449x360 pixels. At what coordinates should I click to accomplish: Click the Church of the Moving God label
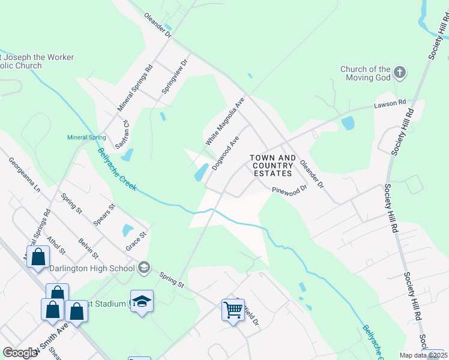365,73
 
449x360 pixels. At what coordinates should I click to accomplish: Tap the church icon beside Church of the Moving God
400,74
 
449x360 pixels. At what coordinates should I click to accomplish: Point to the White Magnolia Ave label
225,122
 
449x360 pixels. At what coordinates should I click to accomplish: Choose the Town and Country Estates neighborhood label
273,166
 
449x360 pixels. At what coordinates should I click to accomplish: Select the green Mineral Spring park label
86,137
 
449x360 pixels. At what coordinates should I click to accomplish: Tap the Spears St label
104,215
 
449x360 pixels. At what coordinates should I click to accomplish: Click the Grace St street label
136,242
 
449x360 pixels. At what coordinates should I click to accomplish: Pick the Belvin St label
88,249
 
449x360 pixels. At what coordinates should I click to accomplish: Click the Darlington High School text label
91,268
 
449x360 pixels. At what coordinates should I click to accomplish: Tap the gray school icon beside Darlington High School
143,267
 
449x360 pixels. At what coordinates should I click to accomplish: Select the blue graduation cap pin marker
142,301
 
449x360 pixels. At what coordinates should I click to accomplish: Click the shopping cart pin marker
233,310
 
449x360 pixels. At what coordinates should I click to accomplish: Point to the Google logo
20,353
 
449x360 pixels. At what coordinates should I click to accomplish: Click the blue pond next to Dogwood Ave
201,172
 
